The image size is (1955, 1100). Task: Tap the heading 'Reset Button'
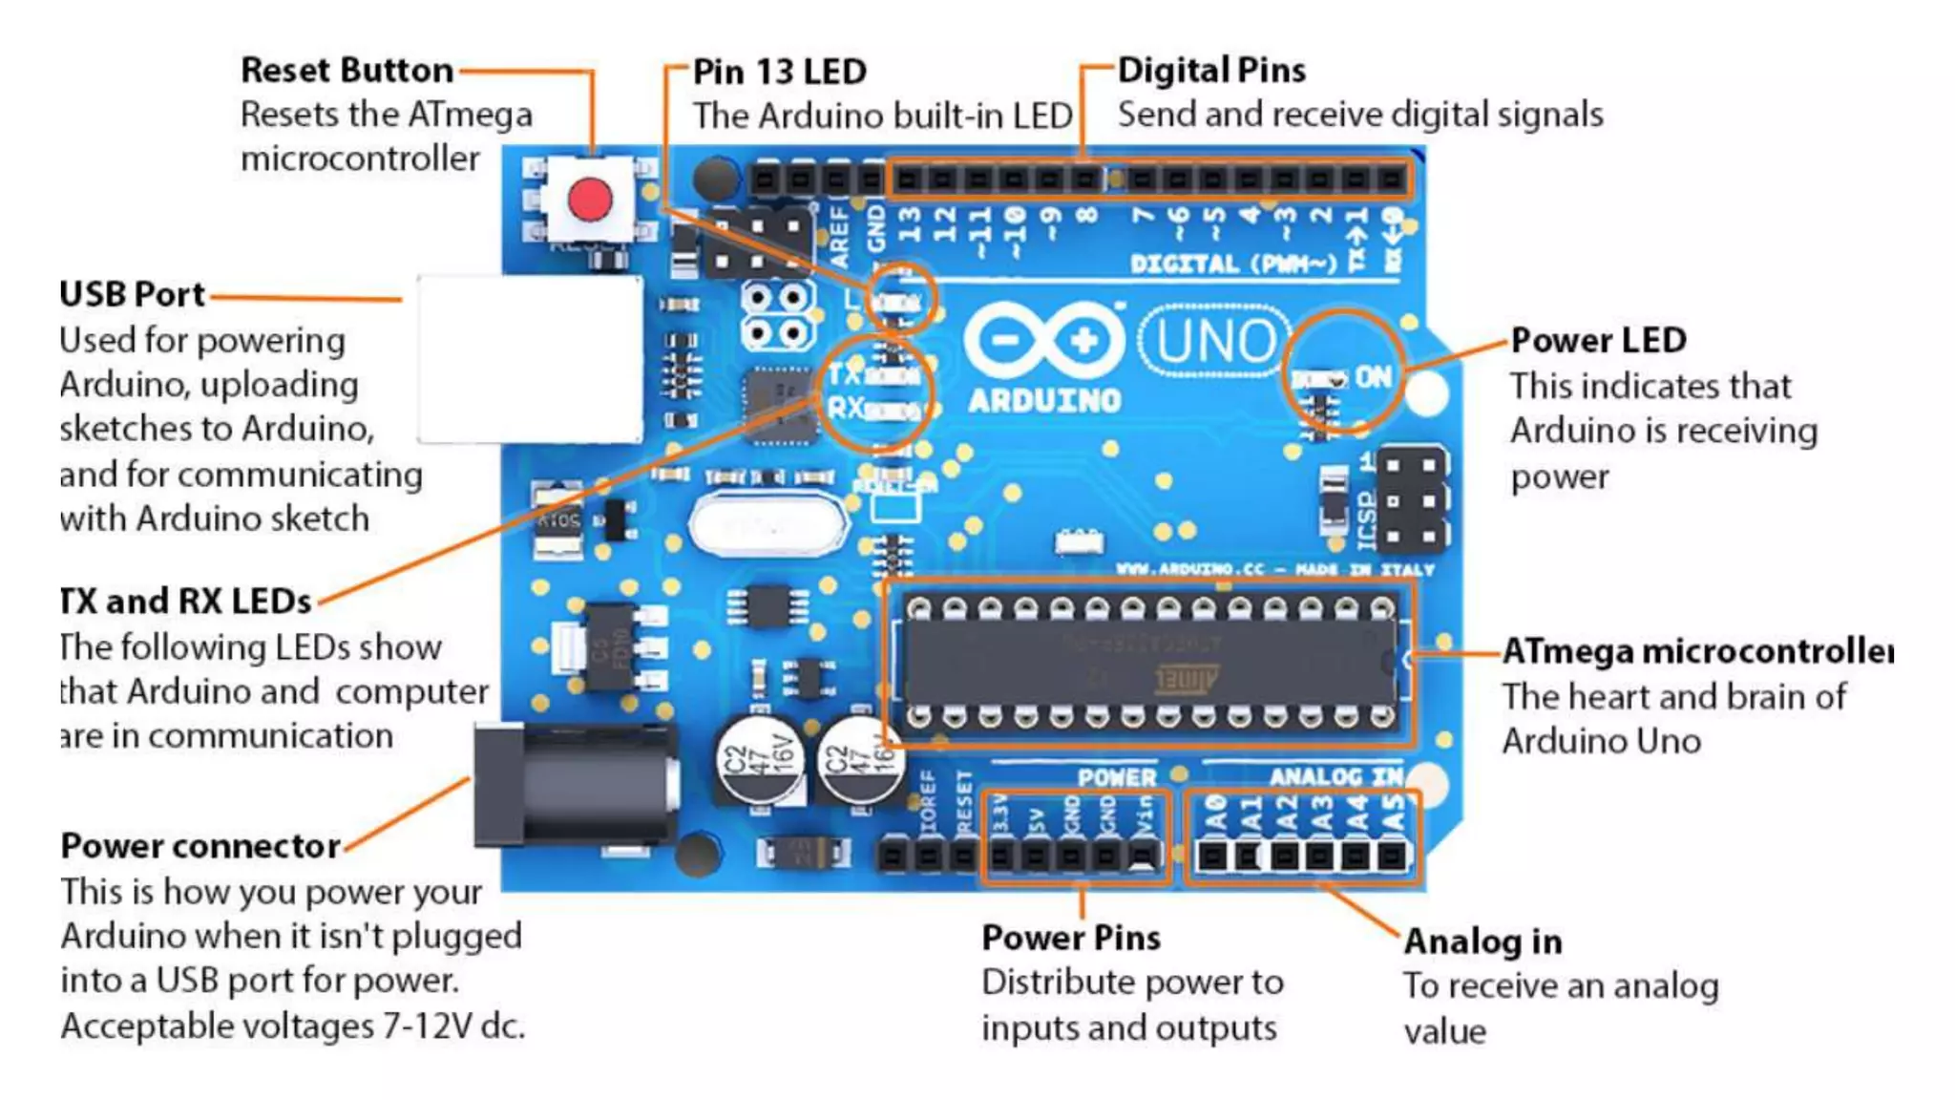(347, 70)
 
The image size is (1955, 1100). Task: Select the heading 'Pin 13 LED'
(779, 72)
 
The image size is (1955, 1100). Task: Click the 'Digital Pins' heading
(1211, 70)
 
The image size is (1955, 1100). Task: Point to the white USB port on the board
(530, 359)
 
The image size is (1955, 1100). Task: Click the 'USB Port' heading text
(132, 294)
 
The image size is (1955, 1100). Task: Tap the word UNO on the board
(1215, 341)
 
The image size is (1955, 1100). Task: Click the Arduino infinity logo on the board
(1044, 341)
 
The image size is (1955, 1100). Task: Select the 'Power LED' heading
(1598, 340)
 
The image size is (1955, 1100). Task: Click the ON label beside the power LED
(1373, 376)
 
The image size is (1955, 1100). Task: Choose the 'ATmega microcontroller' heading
(1697, 651)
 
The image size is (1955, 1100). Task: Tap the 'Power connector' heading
(200, 846)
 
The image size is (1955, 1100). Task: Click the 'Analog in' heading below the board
(1482, 941)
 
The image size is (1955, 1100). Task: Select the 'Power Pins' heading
(1071, 938)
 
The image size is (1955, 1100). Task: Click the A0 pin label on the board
(1214, 813)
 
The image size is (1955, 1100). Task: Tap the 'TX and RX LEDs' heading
(186, 602)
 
